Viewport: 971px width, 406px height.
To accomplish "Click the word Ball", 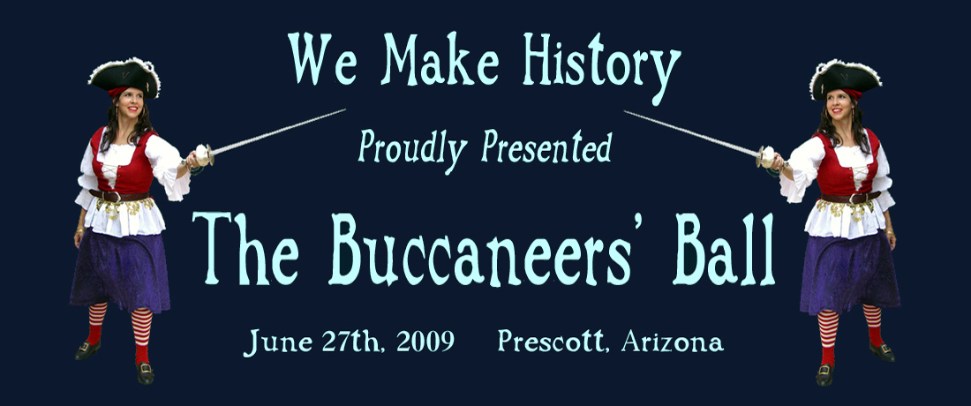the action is [724, 249].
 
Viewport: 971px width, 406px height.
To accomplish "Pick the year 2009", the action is [425, 341].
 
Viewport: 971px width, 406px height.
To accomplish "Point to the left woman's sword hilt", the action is [204, 154].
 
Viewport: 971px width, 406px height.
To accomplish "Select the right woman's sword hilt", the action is [766, 156].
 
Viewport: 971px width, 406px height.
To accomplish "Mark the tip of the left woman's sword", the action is [345, 109].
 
